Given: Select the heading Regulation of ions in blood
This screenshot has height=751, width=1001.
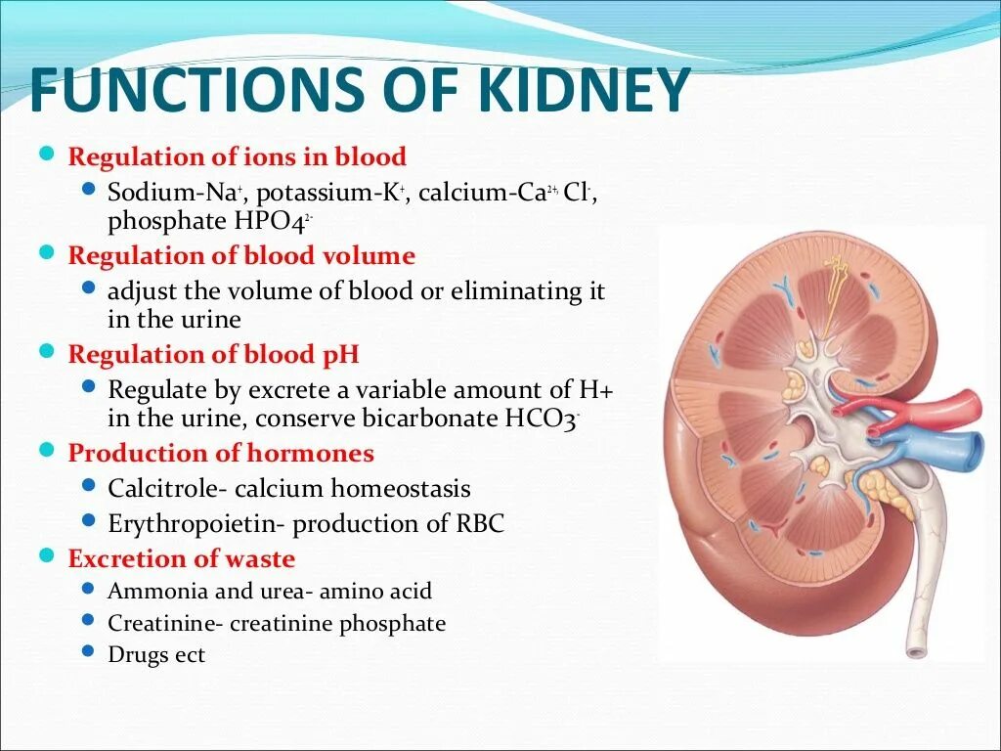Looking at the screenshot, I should tap(237, 156).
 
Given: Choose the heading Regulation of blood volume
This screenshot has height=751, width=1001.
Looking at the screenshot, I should tap(241, 256).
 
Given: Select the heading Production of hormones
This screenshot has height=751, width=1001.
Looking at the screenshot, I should tap(221, 454).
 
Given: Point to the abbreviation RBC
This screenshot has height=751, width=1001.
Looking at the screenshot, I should tap(480, 523).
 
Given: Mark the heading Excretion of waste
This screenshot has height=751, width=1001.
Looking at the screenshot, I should tap(181, 559).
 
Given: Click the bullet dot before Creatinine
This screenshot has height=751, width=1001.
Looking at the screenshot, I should tap(89, 621).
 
